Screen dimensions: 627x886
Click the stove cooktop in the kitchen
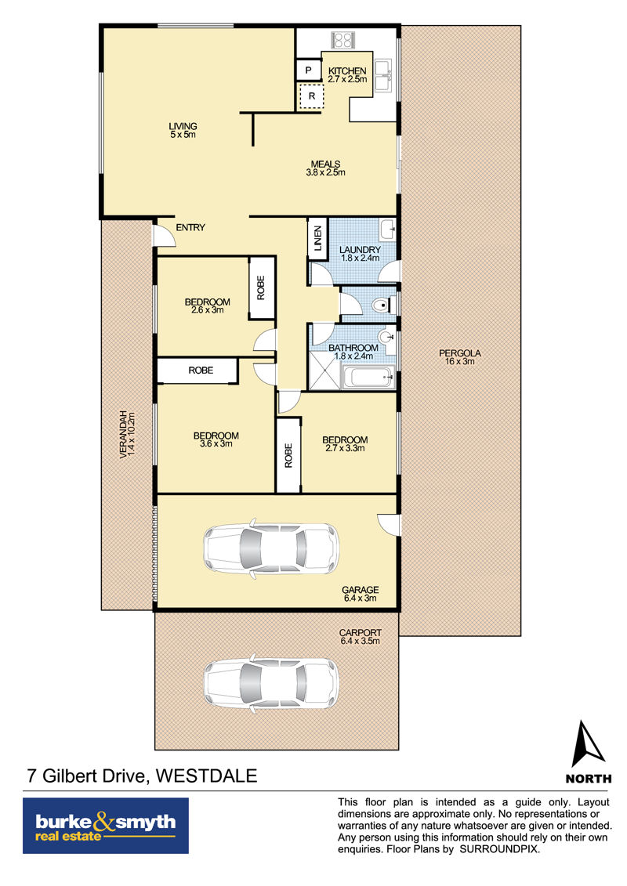[342, 40]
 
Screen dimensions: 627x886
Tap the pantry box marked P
[308, 70]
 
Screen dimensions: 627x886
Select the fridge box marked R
[311, 96]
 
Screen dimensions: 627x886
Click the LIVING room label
[183, 131]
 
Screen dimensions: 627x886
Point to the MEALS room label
[326, 168]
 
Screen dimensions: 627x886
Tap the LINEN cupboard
[317, 238]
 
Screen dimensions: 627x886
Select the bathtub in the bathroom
[368, 377]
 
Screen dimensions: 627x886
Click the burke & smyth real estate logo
[106, 826]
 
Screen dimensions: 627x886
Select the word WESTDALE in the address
[206, 776]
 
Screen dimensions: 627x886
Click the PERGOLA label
[460, 357]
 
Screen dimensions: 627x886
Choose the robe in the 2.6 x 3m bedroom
[261, 288]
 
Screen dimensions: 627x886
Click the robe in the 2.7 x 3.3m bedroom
[288, 455]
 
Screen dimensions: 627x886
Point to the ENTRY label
[190, 227]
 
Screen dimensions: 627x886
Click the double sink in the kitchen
[385, 74]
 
